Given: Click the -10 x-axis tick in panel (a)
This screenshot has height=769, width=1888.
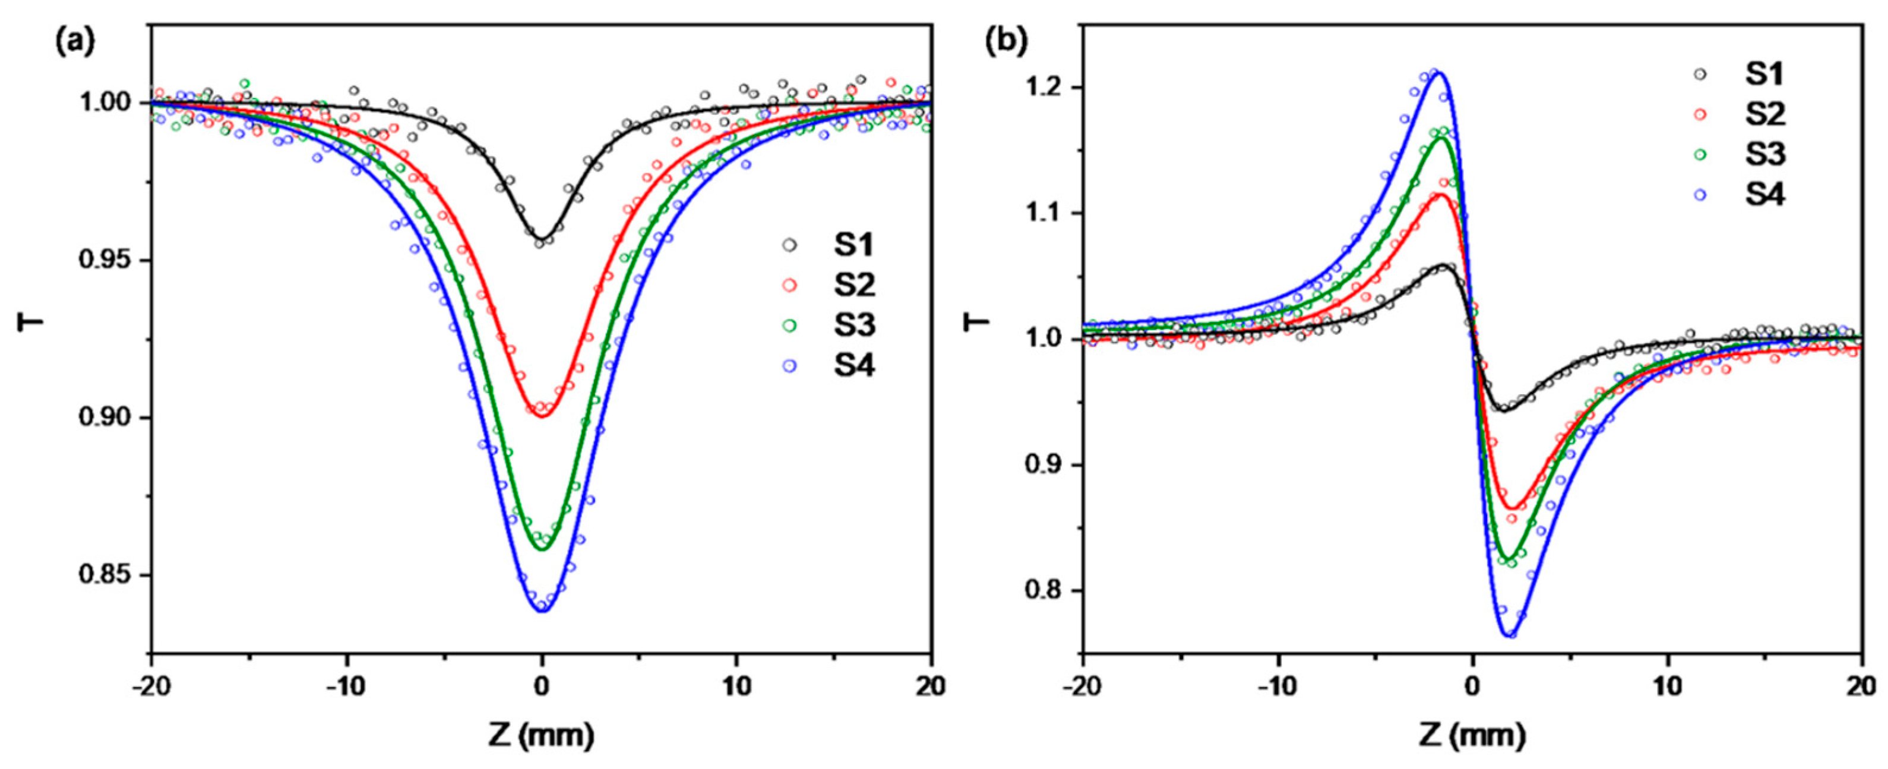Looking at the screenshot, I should [346, 687].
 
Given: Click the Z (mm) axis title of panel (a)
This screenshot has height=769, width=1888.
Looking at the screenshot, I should [541, 735].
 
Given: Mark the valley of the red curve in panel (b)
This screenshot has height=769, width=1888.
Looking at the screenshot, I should [1511, 507].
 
